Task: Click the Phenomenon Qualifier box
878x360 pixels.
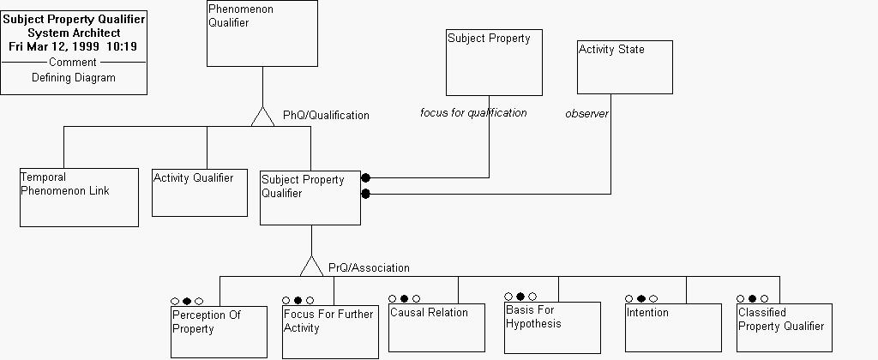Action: point(262,33)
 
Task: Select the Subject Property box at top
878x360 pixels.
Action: point(494,63)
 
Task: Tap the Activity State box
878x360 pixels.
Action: point(624,67)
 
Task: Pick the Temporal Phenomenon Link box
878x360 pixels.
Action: point(79,197)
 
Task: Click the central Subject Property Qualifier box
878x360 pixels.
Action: point(310,197)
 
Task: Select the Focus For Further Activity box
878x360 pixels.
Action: point(329,332)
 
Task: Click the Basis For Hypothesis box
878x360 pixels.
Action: point(552,327)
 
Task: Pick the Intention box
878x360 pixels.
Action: point(673,327)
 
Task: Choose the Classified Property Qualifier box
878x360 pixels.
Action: point(784,327)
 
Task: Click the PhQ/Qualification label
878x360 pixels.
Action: point(326,115)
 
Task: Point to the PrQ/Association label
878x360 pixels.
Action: point(369,268)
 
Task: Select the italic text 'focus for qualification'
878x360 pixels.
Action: point(473,112)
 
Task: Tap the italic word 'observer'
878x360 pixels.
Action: point(586,113)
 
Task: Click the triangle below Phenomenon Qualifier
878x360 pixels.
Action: point(262,117)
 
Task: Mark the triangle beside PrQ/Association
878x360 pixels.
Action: point(311,267)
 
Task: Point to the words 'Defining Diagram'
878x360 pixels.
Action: point(73,77)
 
